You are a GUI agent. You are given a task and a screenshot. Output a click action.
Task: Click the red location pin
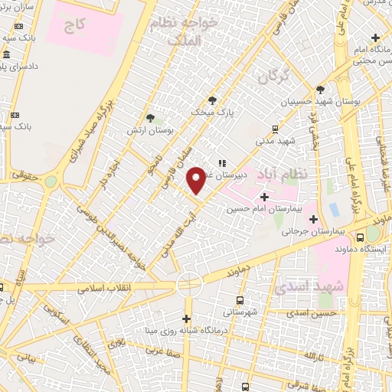[x=197, y=180]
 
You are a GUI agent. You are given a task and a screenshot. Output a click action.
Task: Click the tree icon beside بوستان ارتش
[x=150, y=118]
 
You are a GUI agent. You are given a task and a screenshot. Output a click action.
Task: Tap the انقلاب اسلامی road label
[x=107, y=287]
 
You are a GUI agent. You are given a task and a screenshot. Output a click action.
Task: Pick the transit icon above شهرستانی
[x=240, y=300]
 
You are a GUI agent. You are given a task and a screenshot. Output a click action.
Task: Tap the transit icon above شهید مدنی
[x=275, y=129]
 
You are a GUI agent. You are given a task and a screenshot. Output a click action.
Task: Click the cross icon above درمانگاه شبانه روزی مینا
[x=187, y=318]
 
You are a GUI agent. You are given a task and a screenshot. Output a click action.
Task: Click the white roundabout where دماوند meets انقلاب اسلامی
[x=188, y=285]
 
